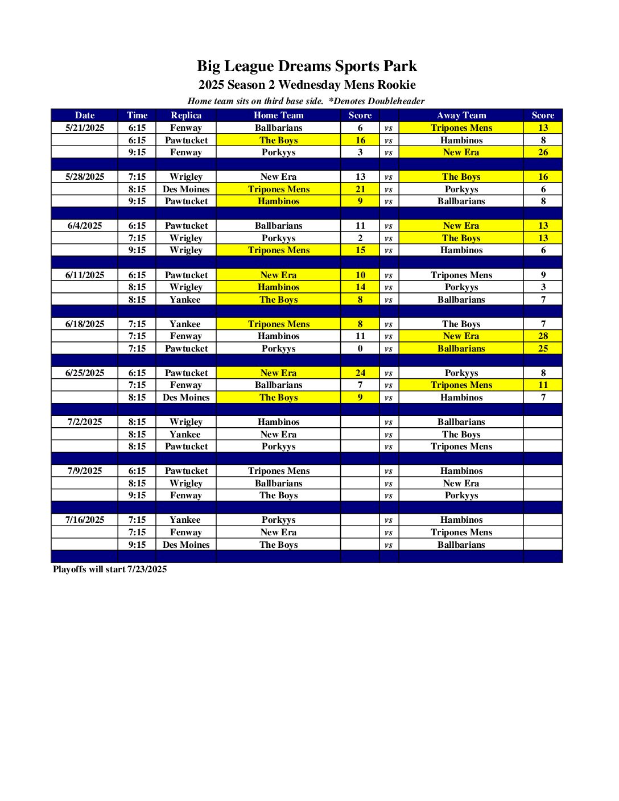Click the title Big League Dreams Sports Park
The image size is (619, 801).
tap(307, 66)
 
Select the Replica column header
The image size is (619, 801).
tap(186, 115)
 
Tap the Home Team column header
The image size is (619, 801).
tap(278, 115)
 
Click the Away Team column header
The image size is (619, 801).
tap(461, 115)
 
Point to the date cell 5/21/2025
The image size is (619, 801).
tap(85, 128)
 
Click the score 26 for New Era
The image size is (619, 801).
tap(543, 152)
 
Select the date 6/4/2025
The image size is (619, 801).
tap(85, 226)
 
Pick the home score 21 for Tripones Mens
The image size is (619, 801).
tap(360, 189)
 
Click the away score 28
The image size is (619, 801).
tap(543, 336)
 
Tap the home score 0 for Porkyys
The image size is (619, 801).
tap(360, 349)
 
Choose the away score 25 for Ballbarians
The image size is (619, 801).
tap(543, 349)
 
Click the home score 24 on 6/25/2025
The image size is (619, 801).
tap(360, 373)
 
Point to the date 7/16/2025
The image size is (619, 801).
tap(85, 520)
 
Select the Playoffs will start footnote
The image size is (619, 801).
tap(110, 569)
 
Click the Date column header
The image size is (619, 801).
tap(85, 115)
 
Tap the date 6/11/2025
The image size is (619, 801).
tap(85, 275)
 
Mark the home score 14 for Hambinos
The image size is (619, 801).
tap(360, 287)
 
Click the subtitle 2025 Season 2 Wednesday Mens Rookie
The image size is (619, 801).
tap(307, 85)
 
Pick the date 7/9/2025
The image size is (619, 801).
tap(85, 471)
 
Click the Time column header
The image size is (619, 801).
tap(137, 115)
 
